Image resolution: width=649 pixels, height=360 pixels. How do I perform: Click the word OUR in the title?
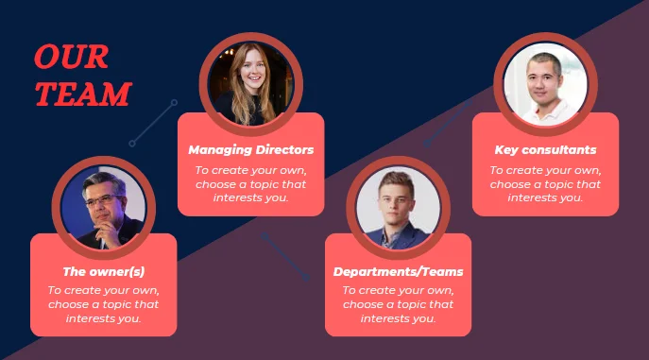[x=71, y=58]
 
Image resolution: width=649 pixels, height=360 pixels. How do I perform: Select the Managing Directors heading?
[x=250, y=149]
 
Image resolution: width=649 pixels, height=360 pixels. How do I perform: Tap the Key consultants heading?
[x=545, y=149]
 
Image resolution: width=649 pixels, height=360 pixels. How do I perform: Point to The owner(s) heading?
[x=103, y=271]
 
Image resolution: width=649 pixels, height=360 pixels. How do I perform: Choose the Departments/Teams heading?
[x=398, y=271]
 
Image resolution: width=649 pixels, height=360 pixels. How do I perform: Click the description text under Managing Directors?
[x=250, y=183]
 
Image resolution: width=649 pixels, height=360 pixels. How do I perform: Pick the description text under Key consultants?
[x=545, y=183]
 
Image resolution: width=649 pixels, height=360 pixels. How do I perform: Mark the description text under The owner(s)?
[x=103, y=304]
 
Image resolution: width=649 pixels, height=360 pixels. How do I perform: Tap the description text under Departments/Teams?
[x=398, y=304]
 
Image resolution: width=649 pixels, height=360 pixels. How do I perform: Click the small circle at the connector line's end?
[x=133, y=144]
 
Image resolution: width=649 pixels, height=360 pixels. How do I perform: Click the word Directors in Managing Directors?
[x=282, y=149]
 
